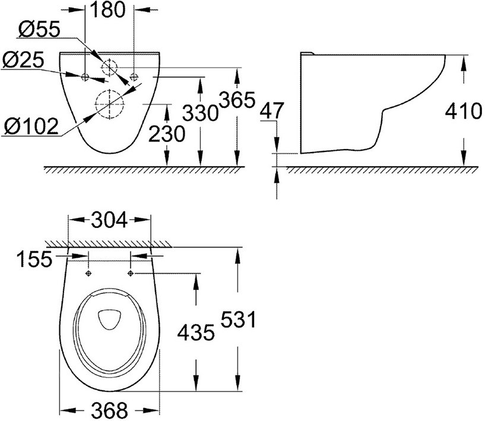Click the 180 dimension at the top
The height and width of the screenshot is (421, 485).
(x=109, y=10)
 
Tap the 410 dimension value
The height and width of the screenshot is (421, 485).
(x=462, y=111)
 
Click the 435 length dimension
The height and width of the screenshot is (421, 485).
(x=194, y=333)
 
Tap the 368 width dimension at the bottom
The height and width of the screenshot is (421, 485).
(x=110, y=410)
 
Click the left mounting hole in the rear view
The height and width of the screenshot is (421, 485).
(x=85, y=77)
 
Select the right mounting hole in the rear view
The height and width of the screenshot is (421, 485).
(x=134, y=77)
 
